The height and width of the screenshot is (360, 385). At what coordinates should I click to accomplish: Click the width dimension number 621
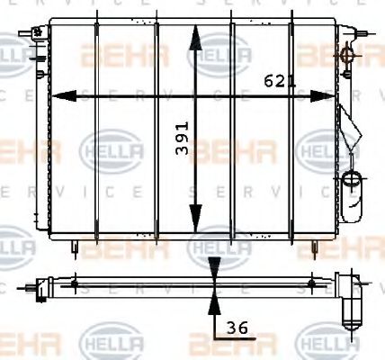point(280,81)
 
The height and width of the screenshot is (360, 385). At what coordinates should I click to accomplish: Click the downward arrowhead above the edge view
point(214,266)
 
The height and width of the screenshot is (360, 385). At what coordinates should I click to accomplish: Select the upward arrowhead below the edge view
point(214,299)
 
